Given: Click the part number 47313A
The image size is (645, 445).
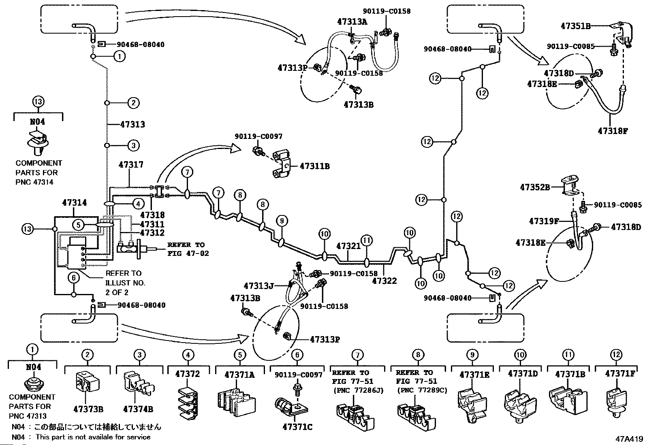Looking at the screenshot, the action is (x=352, y=22).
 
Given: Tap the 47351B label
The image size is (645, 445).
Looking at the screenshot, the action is (x=576, y=26).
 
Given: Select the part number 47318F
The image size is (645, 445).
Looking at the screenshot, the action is (x=613, y=131).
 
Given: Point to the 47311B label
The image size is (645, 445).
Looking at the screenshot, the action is (x=315, y=166).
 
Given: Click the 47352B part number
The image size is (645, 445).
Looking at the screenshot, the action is (x=535, y=187).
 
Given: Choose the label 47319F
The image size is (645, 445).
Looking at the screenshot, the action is (x=544, y=221).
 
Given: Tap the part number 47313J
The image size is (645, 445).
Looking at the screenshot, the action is (x=258, y=286).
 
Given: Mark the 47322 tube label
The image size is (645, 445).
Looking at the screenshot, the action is (x=384, y=281).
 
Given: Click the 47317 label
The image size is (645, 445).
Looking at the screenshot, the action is (x=131, y=164).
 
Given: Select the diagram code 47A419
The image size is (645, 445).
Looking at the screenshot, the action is (x=629, y=439).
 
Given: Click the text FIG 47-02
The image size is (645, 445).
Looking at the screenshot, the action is (x=188, y=253).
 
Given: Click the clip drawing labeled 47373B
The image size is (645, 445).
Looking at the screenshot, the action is (x=87, y=382).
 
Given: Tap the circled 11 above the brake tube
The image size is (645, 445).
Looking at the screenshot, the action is (x=367, y=241).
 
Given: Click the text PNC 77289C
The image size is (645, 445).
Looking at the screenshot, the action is (x=422, y=390).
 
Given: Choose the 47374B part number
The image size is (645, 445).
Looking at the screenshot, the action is (x=138, y=409).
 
